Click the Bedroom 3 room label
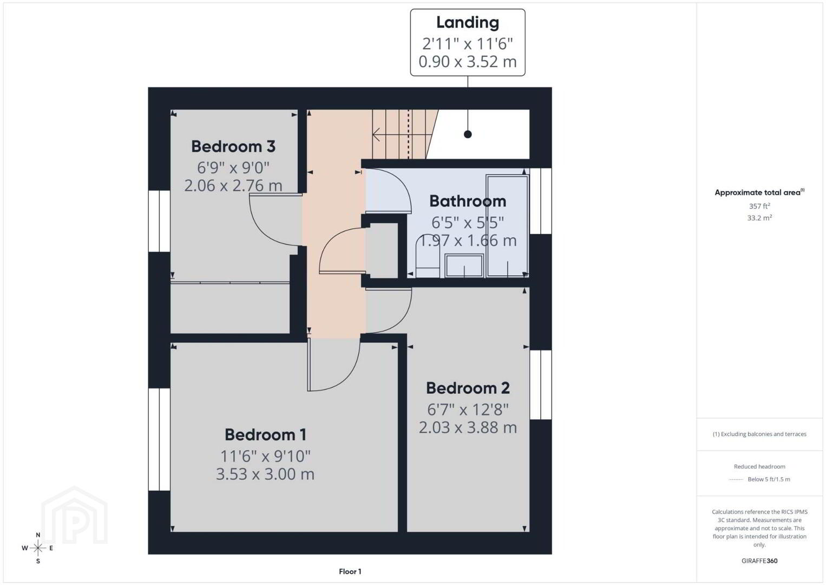click(233, 147)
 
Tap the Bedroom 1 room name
click(265, 435)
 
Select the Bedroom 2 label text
click(468, 388)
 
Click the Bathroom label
click(468, 201)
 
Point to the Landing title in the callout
click(468, 23)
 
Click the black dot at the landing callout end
click(468, 134)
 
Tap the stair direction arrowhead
click(376, 135)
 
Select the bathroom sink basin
click(464, 265)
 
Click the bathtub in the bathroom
click(507, 226)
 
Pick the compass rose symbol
click(37, 548)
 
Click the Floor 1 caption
click(350, 571)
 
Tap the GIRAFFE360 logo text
click(759, 561)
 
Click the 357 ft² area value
click(759, 206)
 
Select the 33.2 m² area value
click(759, 218)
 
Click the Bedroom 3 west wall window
click(159, 221)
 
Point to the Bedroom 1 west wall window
click(159, 439)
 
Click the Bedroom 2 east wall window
click(541, 385)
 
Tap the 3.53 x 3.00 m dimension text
click(265, 474)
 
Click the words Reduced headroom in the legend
click(759, 466)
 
